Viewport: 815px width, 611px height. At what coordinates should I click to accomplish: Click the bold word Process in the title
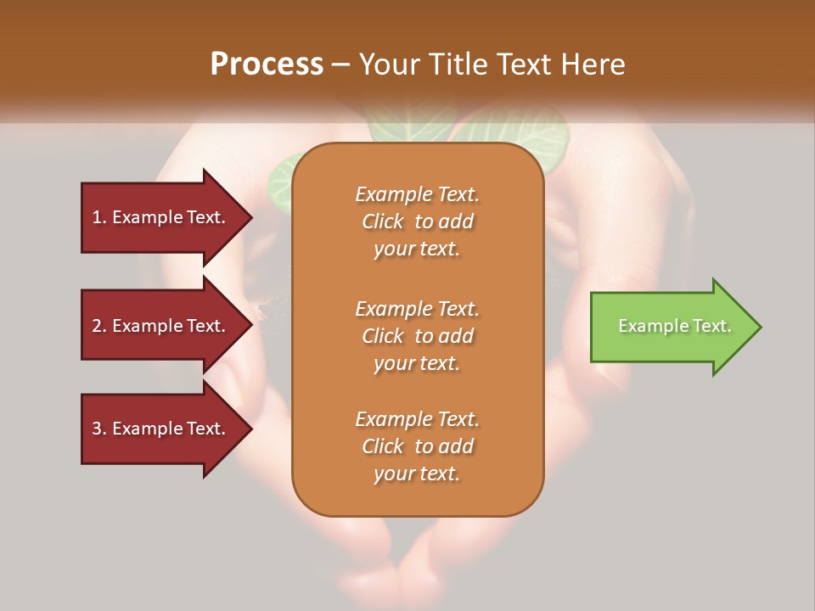pos(267,64)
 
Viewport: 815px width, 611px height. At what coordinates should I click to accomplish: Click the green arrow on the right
pos(671,327)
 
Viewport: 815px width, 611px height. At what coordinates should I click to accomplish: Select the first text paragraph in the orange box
pos(417,221)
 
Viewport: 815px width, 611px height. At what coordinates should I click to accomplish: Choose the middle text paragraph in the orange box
pos(417,336)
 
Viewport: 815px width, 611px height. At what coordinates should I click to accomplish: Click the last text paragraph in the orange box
pos(417,446)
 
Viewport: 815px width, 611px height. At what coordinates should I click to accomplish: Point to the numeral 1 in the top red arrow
pos(97,217)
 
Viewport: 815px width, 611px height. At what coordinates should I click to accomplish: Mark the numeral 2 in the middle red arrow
pos(97,326)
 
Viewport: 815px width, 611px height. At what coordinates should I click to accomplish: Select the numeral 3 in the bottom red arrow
pos(97,429)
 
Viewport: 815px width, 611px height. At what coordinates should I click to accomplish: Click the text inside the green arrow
pos(674,326)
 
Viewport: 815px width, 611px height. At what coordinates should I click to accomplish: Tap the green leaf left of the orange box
pos(279,180)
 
